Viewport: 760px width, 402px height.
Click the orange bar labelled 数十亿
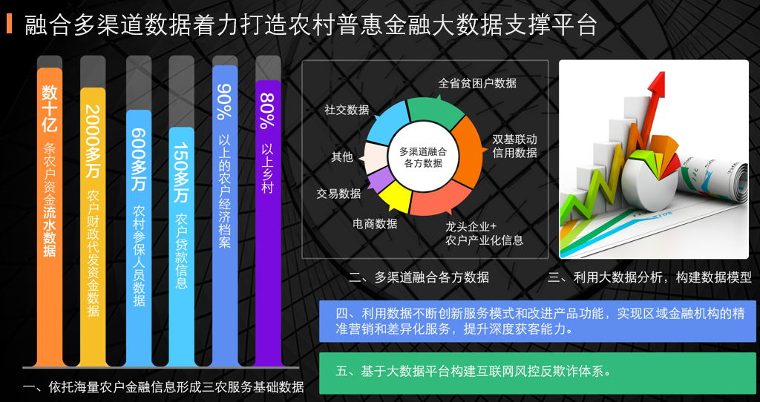pyautogui.click(x=50, y=217)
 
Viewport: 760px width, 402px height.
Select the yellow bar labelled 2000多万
pyautogui.click(x=93, y=227)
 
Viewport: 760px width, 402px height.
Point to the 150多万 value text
pyautogui.click(x=181, y=172)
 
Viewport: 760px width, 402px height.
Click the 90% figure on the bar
pyautogui.click(x=224, y=102)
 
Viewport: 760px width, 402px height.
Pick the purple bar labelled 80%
pyautogui.click(x=268, y=223)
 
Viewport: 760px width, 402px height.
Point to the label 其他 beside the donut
pyautogui.click(x=341, y=157)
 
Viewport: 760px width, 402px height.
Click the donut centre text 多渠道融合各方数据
pyautogui.click(x=423, y=157)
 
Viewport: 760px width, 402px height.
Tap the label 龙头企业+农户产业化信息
pyautogui.click(x=484, y=234)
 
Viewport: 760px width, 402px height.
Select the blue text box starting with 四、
pyautogui.click(x=537, y=321)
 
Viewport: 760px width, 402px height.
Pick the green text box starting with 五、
pyautogui.click(x=537, y=373)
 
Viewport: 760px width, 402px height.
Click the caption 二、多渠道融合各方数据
pyautogui.click(x=419, y=277)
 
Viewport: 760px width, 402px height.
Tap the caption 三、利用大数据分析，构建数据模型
pyautogui.click(x=649, y=277)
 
